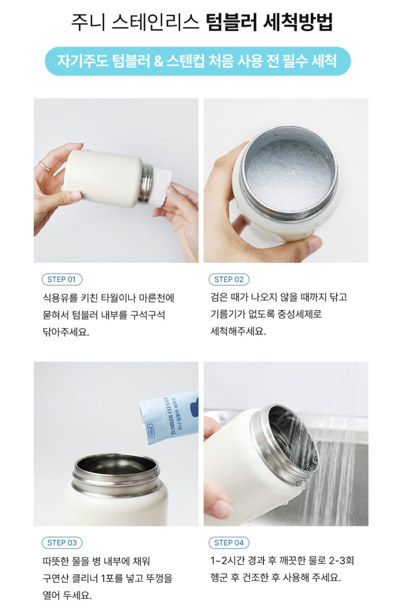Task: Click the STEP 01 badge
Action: (x=62, y=279)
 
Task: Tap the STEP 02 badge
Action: (x=229, y=279)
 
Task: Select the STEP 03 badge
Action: (x=62, y=543)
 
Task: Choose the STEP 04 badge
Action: (x=229, y=543)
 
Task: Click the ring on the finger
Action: (x=44, y=166)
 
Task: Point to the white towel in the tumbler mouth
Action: (x=162, y=186)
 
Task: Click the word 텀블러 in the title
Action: (x=231, y=22)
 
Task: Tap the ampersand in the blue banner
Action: (x=159, y=61)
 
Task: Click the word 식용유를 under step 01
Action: (x=60, y=298)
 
